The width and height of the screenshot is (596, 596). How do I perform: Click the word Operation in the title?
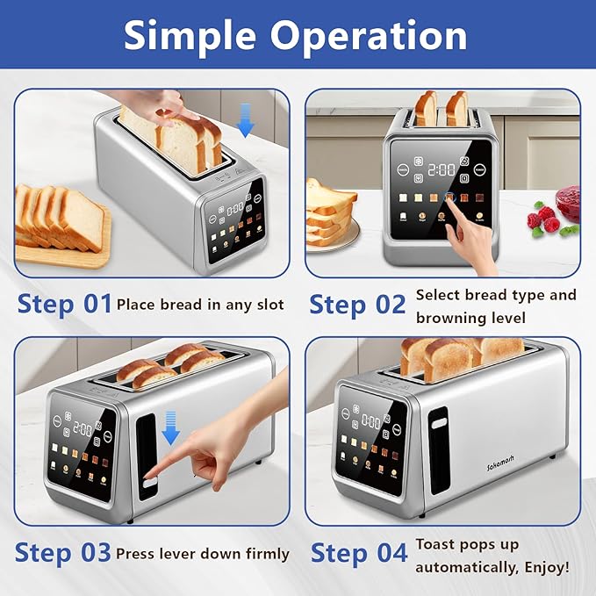(x=369, y=36)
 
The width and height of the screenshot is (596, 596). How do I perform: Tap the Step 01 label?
(x=63, y=304)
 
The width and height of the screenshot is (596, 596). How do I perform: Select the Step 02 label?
(x=357, y=304)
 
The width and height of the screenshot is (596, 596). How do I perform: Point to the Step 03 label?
(x=63, y=553)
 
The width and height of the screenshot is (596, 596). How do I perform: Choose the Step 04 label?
(x=359, y=553)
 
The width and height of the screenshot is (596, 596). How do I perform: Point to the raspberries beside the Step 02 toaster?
(x=544, y=219)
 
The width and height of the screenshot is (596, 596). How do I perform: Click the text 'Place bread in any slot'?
(x=200, y=305)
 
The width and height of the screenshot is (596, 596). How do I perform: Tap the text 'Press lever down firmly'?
(x=203, y=554)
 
